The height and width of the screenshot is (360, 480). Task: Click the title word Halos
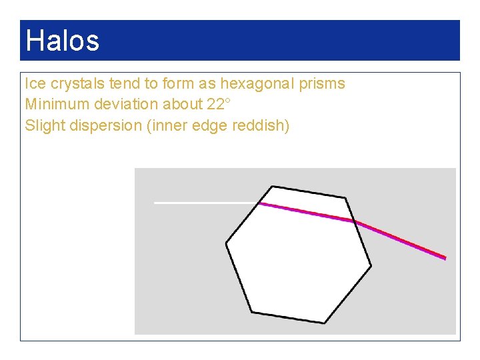tap(62, 41)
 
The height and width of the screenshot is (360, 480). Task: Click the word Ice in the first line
tap(34, 84)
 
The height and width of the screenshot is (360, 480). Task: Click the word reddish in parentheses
tap(261, 125)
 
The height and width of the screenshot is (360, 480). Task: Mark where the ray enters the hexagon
tap(259, 203)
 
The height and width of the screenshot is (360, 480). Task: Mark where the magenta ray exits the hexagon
tap(354, 221)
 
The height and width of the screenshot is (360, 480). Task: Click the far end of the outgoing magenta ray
tap(445, 257)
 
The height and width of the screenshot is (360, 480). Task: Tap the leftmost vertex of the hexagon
tap(227, 243)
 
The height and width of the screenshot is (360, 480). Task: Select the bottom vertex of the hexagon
tap(325, 323)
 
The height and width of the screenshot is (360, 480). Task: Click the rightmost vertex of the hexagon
tap(371, 266)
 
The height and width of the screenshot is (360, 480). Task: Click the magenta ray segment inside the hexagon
tap(307, 212)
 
